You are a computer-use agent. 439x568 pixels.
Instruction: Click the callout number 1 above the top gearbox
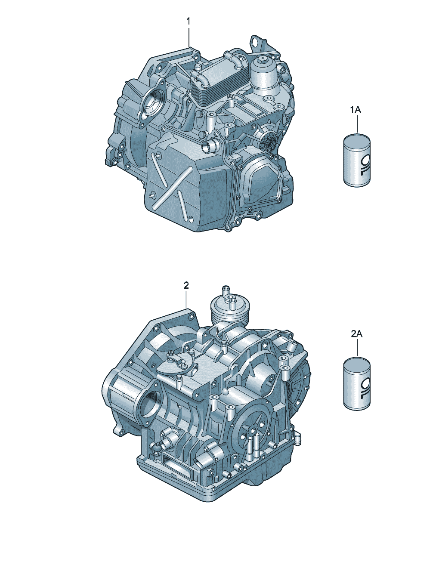pos(188,21)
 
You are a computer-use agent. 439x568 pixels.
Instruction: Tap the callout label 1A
pos(356,110)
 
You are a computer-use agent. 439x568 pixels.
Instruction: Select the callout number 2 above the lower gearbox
pos(186,285)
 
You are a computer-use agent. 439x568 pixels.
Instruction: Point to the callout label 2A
pos(357,333)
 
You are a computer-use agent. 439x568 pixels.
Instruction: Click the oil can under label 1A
pos(357,160)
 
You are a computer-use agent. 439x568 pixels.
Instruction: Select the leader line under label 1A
pos(357,124)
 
